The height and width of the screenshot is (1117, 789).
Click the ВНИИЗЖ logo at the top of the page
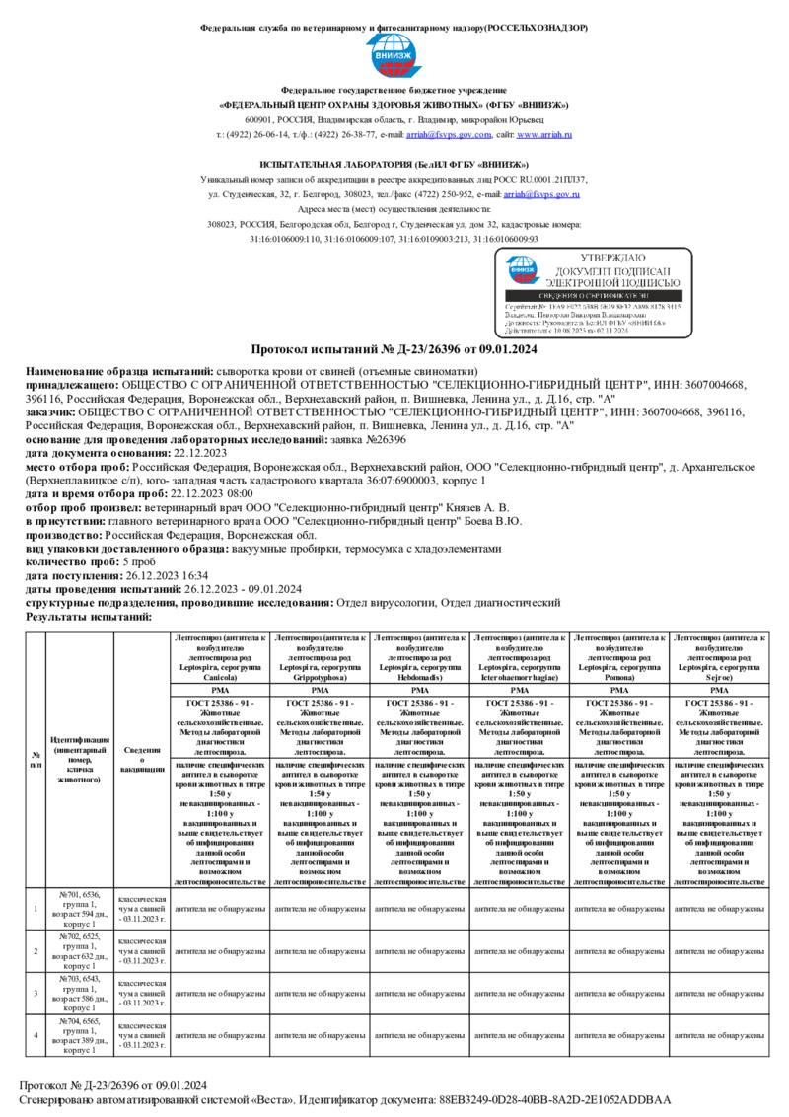click(394, 58)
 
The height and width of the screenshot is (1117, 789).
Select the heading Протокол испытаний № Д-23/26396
click(394, 349)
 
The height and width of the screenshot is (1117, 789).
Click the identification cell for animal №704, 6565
click(80, 1035)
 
